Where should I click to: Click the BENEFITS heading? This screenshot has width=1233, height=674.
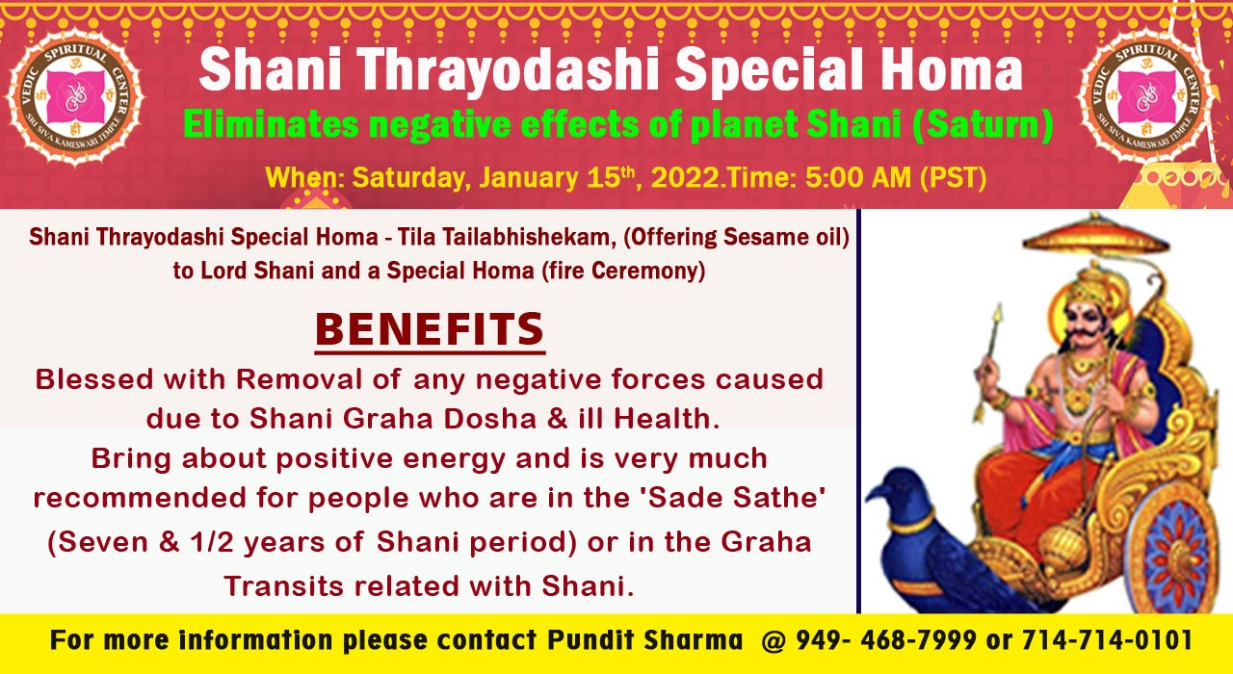430,329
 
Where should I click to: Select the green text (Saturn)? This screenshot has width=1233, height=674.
982,125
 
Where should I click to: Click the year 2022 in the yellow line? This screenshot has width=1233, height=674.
685,178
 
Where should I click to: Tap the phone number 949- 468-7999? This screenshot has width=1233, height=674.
886,640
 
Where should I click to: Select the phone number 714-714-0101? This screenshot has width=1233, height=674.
1107,640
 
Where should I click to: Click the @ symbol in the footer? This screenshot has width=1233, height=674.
774,641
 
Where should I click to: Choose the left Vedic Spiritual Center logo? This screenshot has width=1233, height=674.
75,97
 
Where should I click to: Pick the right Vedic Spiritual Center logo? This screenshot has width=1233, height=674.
1146,97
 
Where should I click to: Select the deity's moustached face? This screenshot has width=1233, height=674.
1086,324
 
